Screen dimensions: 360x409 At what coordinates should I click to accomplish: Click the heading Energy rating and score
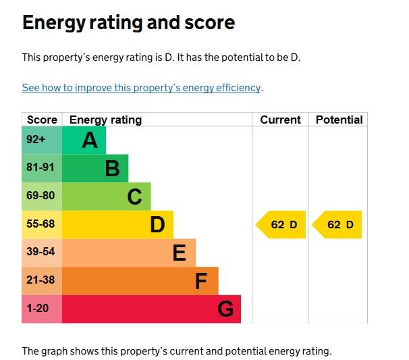point(128,23)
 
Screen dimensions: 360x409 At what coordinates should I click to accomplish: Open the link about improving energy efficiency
point(141,88)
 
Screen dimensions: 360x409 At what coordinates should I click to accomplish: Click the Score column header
point(42,120)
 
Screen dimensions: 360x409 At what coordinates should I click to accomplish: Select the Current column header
point(280,120)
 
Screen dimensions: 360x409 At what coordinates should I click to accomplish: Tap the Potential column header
point(339,120)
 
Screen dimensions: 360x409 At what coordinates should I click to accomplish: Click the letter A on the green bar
point(90,140)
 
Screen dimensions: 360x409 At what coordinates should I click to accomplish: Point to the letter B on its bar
point(112,169)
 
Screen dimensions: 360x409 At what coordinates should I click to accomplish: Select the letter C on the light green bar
point(134,197)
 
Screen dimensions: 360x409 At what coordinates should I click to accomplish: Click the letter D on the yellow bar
point(157,225)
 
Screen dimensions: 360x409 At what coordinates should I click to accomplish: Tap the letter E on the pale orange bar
point(179,253)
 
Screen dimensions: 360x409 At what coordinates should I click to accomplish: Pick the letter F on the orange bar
point(201,281)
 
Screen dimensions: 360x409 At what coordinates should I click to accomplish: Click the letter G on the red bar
point(225,309)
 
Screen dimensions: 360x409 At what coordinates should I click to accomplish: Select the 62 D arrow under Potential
point(338,225)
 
